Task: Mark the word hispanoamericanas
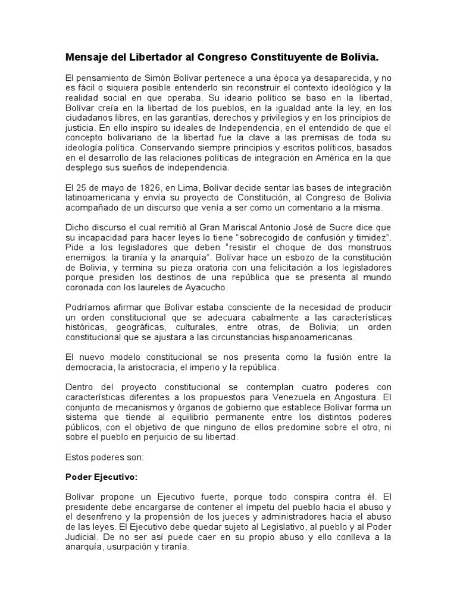pos(314,338)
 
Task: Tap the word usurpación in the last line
pos(136,547)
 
